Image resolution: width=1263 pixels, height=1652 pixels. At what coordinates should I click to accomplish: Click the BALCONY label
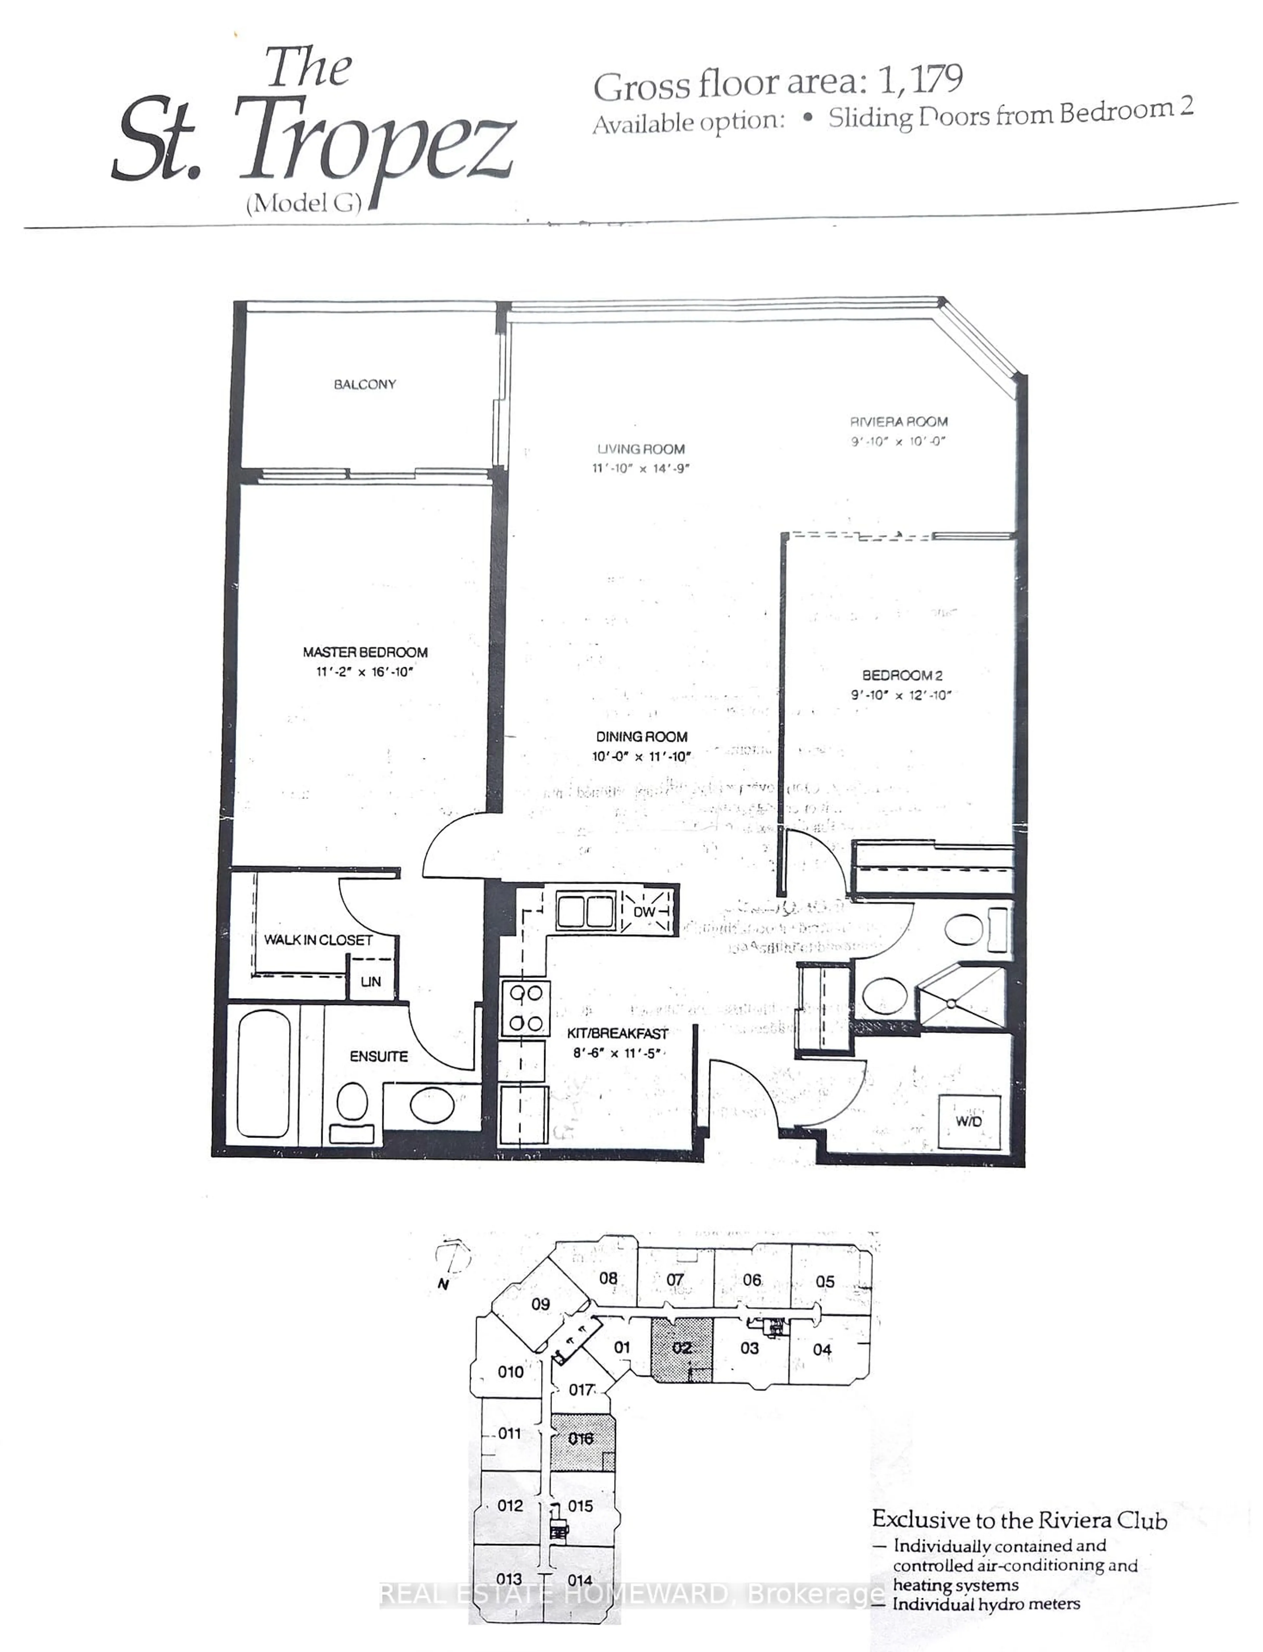click(x=365, y=384)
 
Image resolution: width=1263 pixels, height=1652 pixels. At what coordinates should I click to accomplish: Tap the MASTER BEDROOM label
click(x=365, y=652)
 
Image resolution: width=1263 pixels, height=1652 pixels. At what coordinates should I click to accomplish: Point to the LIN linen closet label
click(x=371, y=981)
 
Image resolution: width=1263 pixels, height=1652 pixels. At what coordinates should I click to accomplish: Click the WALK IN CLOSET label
click(x=318, y=940)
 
